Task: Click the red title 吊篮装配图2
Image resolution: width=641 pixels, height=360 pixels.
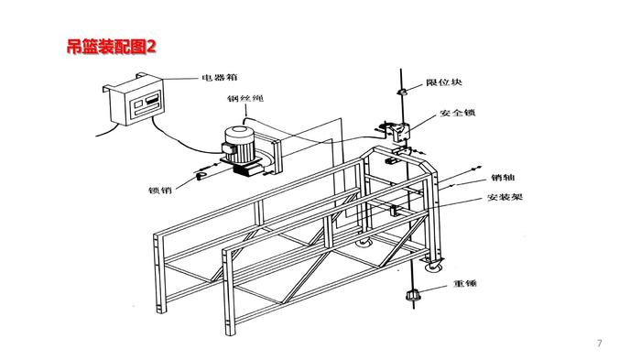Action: tap(111, 47)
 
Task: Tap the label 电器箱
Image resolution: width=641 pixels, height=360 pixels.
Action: tap(220, 77)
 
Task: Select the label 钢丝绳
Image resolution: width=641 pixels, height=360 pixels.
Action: tap(245, 99)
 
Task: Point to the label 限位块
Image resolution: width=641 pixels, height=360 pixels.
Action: tap(444, 82)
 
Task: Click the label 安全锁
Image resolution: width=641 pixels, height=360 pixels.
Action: tap(458, 113)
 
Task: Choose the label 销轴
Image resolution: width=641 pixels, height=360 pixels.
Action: tap(503, 178)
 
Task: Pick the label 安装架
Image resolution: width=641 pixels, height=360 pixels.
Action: tap(505, 197)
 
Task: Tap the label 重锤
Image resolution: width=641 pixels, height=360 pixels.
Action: tap(465, 283)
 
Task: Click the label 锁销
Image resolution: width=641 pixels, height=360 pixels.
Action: tap(160, 191)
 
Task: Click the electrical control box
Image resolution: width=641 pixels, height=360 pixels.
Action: tap(135, 100)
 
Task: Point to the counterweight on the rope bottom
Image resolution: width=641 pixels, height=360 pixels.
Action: tap(413, 295)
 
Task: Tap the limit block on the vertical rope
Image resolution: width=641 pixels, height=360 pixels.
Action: tap(401, 92)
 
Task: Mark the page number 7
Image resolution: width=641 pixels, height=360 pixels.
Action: tap(599, 344)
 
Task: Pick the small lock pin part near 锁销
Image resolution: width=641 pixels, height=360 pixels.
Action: tap(201, 176)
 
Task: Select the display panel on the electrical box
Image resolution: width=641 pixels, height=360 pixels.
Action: tap(147, 103)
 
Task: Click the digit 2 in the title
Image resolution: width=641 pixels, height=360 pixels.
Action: tap(151, 47)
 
